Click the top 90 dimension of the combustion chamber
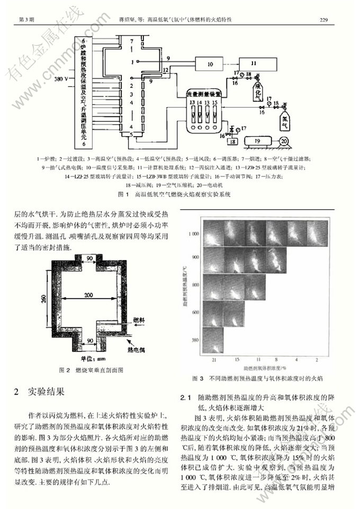tap(89, 258)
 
